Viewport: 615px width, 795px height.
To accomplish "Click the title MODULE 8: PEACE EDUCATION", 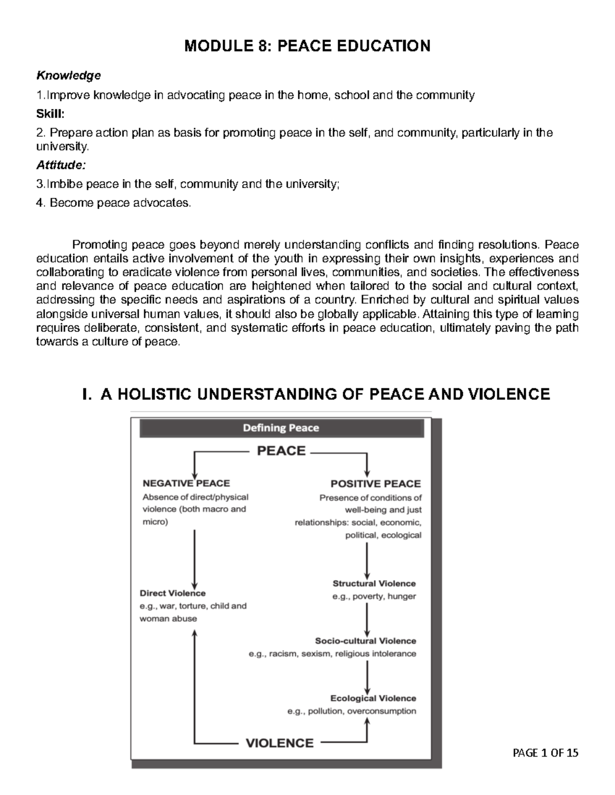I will tap(307, 46).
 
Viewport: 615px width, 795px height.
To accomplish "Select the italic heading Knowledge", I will tap(68, 76).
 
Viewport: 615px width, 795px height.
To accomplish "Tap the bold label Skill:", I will tap(50, 114).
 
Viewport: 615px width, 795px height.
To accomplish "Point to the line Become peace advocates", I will tap(113, 203).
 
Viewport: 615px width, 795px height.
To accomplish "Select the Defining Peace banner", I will tap(281, 428).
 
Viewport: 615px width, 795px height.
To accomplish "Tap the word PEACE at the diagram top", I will tap(281, 451).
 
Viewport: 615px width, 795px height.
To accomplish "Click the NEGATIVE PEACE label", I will tap(186, 483).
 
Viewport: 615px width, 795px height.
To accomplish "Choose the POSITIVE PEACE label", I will tap(375, 484).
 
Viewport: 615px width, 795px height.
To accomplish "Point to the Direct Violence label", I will tap(173, 593).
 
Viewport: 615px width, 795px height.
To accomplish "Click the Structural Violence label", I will tap(374, 584).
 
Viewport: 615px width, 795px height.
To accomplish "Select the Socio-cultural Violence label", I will tap(365, 641).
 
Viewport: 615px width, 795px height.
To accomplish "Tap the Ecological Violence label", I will tap(373, 698).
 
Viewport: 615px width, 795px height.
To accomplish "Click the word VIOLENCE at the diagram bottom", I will tap(280, 743).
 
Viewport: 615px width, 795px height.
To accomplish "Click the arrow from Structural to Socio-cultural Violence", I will tap(367, 619).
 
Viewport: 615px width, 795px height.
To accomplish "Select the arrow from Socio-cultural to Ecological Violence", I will tap(367, 677).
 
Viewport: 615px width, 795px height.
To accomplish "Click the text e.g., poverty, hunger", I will tap(374, 596).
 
